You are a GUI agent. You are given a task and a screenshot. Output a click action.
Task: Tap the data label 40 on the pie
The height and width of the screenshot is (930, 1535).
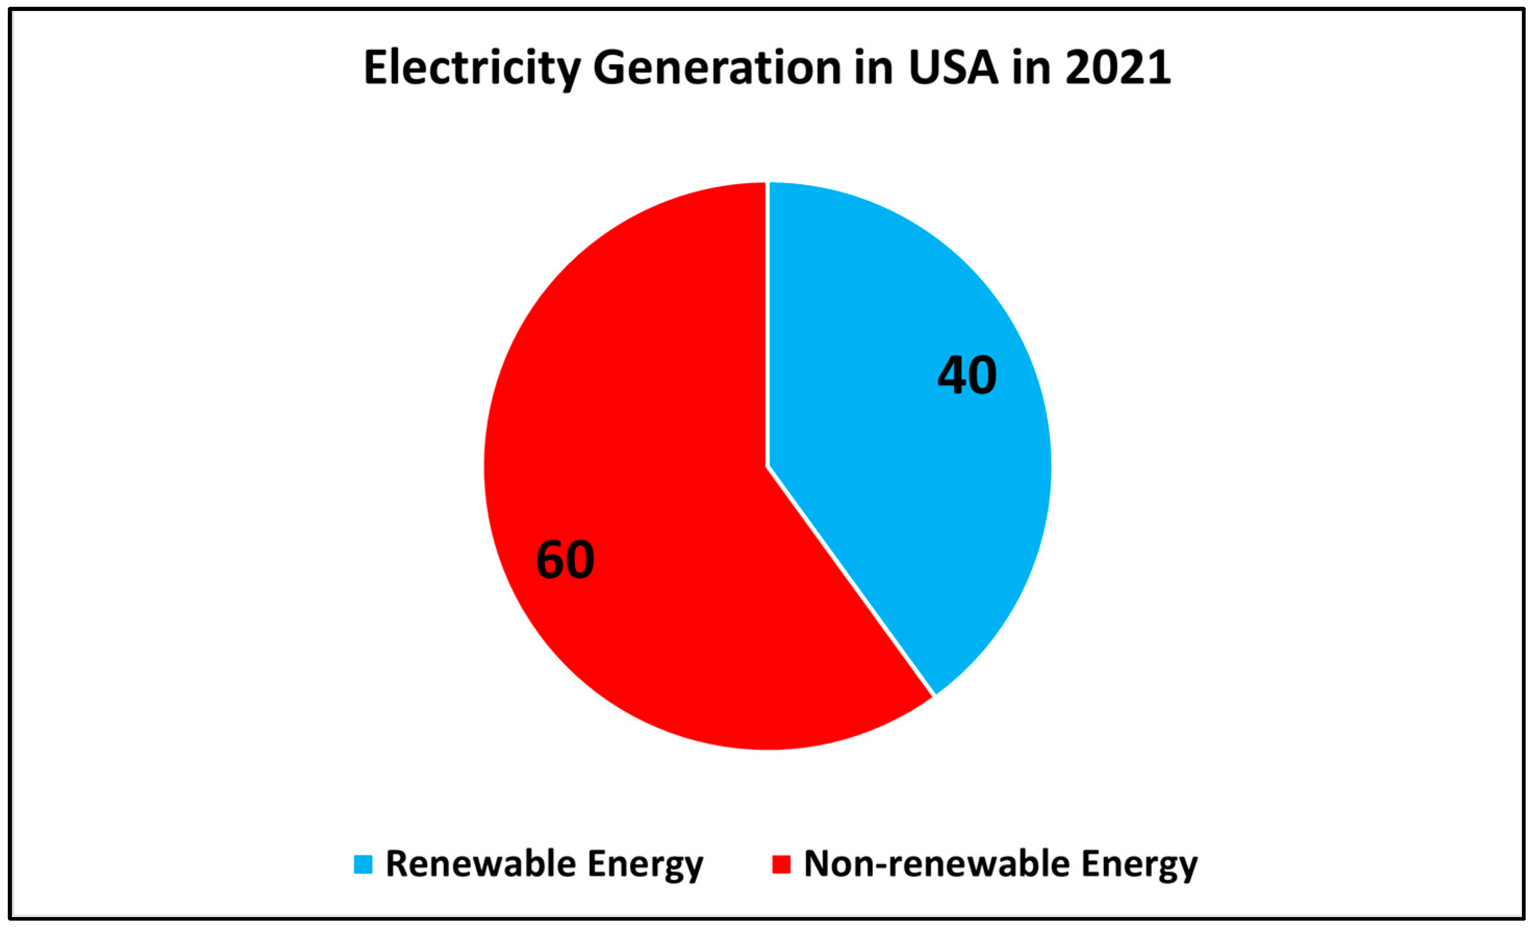point(967,376)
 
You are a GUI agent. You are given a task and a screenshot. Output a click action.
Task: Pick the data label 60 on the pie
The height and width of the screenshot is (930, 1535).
point(565,560)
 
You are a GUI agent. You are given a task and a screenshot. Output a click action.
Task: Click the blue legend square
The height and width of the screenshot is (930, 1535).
point(363,864)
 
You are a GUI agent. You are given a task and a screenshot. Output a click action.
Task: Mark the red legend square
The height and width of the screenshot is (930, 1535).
point(781,864)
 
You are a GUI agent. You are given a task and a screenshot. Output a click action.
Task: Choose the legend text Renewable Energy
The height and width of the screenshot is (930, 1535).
point(544,864)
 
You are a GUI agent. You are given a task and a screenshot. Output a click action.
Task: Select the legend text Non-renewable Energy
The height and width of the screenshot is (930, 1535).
point(1000,864)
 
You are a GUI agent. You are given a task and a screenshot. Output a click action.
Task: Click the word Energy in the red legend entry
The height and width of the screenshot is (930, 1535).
point(1139,864)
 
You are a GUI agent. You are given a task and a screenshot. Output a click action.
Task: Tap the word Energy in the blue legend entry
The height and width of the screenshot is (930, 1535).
point(645,864)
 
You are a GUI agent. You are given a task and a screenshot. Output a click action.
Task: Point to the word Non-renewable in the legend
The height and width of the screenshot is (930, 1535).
point(936,864)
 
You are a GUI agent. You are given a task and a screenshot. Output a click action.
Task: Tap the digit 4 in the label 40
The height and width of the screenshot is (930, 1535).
point(953,376)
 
